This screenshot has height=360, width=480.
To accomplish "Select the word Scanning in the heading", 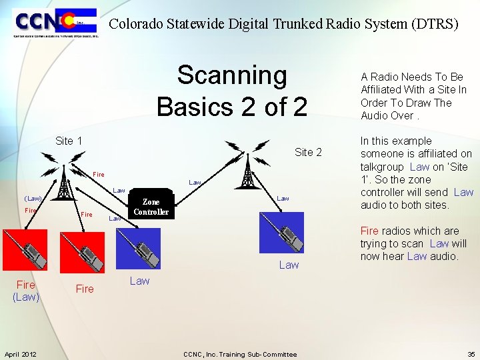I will (231, 76).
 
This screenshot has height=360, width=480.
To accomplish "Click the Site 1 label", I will (69, 141).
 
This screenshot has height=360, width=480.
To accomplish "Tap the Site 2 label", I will (308, 152).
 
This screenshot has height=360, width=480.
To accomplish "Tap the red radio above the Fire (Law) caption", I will (25, 250).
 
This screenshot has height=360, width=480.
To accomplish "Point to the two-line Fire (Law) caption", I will (26, 291).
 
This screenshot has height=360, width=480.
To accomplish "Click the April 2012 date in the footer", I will (21, 354).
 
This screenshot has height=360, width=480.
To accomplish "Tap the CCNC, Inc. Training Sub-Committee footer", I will (240, 354).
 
